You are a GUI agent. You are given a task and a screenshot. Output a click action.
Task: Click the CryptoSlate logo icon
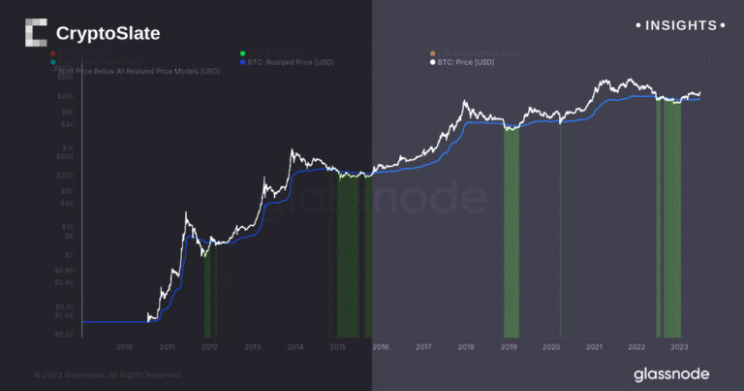pyautogui.click(x=35, y=33)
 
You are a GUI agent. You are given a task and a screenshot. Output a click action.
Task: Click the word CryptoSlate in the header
pyautogui.click(x=108, y=34)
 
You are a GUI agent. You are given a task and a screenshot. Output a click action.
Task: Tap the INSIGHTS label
pyautogui.click(x=675, y=25)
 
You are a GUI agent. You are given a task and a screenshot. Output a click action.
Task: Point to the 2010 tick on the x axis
pyautogui.click(x=124, y=345)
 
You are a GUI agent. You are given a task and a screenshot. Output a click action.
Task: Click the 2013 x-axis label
pyautogui.click(x=252, y=345)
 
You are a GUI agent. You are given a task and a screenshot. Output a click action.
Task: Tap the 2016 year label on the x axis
pyautogui.click(x=381, y=345)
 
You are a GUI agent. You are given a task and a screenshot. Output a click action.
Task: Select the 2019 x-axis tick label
pyautogui.click(x=509, y=345)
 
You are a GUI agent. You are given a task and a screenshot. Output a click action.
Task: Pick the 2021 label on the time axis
pyautogui.click(x=594, y=345)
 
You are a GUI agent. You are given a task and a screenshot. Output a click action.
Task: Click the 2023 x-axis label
pyautogui.click(x=679, y=345)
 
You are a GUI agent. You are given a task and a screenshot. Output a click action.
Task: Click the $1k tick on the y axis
pyautogui.click(x=67, y=147)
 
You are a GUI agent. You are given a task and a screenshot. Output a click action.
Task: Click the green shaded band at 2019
pyautogui.click(x=511, y=233)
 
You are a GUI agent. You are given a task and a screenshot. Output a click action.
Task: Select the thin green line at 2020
pyautogui.click(x=560, y=233)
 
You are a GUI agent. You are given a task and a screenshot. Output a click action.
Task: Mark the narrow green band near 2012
pyautogui.click(x=206, y=291)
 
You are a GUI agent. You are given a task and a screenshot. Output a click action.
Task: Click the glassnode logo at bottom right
pyautogui.click(x=670, y=374)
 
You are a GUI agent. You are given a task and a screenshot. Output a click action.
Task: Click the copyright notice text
pyautogui.click(x=108, y=375)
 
